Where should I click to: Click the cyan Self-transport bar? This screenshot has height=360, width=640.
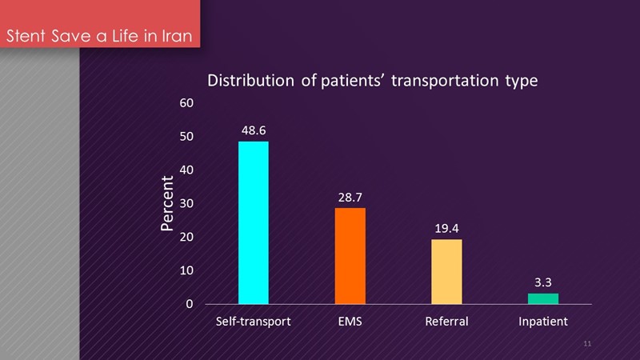tap(254, 222)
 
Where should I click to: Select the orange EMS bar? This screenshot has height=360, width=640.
tap(350, 256)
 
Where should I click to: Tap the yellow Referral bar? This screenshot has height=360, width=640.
tap(446, 271)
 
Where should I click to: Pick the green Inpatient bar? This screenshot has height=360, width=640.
tap(543, 298)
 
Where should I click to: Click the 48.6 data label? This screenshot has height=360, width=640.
tap(254, 128)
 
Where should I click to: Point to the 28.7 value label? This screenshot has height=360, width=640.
tap(350, 194)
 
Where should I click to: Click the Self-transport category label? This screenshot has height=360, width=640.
tap(254, 322)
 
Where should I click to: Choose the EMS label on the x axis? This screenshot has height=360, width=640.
tap(350, 322)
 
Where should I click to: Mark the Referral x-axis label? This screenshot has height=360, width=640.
tap(446, 322)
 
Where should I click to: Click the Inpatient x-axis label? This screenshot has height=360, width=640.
tap(543, 322)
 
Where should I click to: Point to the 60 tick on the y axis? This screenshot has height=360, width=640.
tap(186, 103)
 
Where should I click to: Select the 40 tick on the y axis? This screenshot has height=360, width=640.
tap(186, 170)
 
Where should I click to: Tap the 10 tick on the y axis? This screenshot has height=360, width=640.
tap(186, 270)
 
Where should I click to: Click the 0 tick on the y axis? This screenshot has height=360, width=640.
tap(189, 304)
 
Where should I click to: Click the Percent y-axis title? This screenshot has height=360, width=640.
tap(166, 203)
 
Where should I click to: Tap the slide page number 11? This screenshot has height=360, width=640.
tap(587, 343)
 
